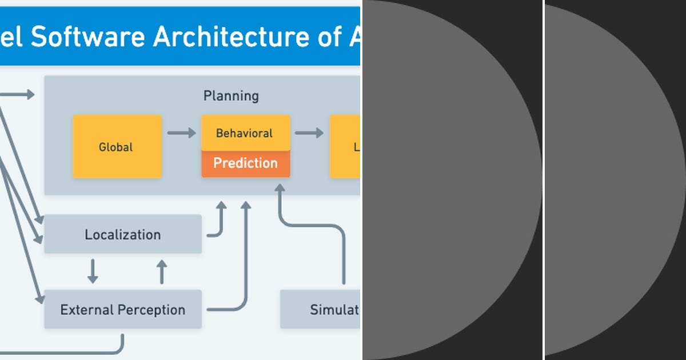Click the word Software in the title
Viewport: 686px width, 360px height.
pos(88,37)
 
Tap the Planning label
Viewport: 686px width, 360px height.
pos(231,96)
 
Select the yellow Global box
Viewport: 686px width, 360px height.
pos(117,147)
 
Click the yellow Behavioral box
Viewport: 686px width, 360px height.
pos(245,133)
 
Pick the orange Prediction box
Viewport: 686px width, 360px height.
pos(245,163)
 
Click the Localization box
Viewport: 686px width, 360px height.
pos(122,234)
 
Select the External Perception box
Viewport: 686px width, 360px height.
pos(122,310)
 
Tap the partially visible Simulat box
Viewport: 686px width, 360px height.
pos(320,310)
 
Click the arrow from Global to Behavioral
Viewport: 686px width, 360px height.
pos(181,133)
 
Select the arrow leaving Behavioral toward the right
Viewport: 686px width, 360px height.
pos(309,133)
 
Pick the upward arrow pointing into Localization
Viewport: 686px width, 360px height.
pos(162,272)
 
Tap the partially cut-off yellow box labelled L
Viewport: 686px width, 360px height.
pos(345,147)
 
